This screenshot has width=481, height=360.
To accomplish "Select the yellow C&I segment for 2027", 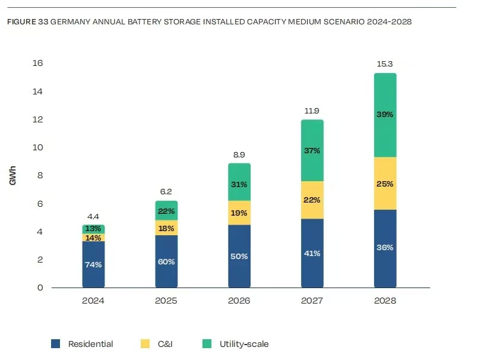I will coord(312,200).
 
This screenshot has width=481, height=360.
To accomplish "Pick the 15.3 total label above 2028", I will coord(385,63).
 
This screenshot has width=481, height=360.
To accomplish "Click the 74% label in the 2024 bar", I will coord(94,264).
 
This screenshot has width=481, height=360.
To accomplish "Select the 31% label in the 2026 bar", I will coord(239,184).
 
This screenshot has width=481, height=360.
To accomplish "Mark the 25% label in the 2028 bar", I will coord(385,184).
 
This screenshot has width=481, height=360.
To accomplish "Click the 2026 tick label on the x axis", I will coord(239,301).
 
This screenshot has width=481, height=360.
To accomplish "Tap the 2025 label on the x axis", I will coord(166,301).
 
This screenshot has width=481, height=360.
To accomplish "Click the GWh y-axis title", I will coord(12,175).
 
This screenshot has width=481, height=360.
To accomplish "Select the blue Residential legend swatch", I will coord(56,343).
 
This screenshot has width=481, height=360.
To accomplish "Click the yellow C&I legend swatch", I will coord(144,343).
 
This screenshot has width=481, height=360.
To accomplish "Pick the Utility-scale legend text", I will coord(244,343).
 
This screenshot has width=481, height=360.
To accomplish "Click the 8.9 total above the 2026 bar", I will coord(239,154).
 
